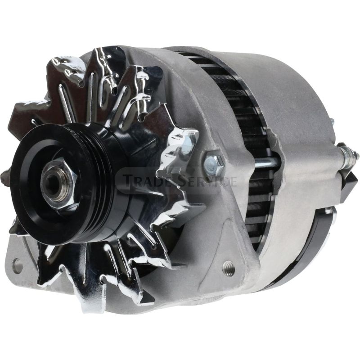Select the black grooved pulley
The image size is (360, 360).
click(x=58, y=181)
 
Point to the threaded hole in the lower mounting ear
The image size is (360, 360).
click(x=229, y=266)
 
